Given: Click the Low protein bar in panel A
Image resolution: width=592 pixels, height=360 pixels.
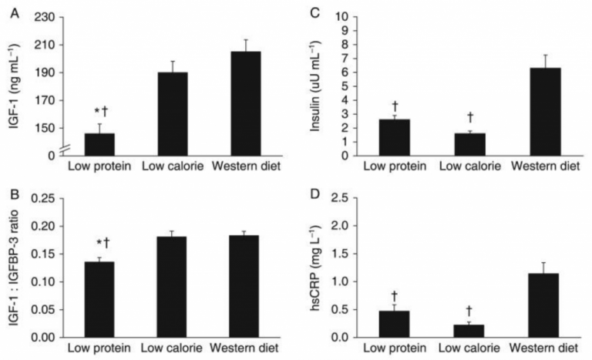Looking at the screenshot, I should pyautogui.click(x=99, y=144).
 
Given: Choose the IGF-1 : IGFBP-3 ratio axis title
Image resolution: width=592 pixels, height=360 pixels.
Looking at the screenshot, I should pyautogui.click(x=13, y=268).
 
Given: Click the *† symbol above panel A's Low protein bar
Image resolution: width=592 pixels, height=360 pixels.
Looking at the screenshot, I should pyautogui.click(x=100, y=113).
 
